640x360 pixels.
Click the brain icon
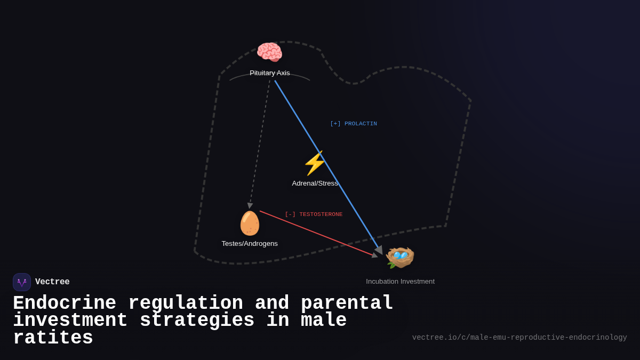[269, 52]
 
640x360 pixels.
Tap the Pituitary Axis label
[270, 73]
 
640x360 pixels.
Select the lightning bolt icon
[315, 163]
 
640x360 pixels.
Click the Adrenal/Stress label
[315, 183]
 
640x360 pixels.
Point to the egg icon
[250, 223]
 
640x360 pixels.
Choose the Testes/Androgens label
[250, 244]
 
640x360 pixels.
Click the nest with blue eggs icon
[400, 257]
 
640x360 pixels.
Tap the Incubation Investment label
[400, 282]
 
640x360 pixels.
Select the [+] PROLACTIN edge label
[354, 124]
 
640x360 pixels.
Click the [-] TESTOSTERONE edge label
[314, 214]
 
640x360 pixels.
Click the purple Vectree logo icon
[22, 282]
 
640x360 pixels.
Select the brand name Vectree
[52, 282]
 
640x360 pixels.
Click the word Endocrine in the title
[65, 303]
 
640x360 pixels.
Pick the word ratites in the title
[53, 338]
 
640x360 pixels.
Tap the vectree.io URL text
[519, 338]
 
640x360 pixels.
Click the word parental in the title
[347, 303]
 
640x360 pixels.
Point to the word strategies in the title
[197, 321]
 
